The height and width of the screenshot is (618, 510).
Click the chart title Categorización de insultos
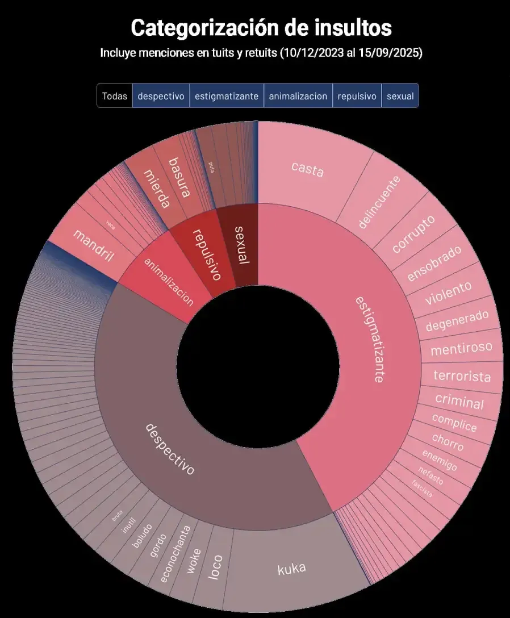(x=261, y=27)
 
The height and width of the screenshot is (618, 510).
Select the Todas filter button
(x=114, y=96)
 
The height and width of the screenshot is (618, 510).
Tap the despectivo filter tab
(x=161, y=96)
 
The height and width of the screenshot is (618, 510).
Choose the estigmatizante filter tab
(x=227, y=96)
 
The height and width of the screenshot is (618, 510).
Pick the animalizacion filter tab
(x=298, y=96)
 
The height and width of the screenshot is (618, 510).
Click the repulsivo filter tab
(x=357, y=96)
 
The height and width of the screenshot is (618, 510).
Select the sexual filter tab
(x=400, y=96)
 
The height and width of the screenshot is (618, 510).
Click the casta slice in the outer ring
(x=307, y=168)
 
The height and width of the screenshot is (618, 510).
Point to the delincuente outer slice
(x=379, y=202)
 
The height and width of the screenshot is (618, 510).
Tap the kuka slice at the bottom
(x=292, y=568)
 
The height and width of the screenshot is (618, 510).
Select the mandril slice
(x=94, y=248)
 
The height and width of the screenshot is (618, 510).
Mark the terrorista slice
(x=462, y=376)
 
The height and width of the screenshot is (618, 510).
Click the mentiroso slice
(x=461, y=348)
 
